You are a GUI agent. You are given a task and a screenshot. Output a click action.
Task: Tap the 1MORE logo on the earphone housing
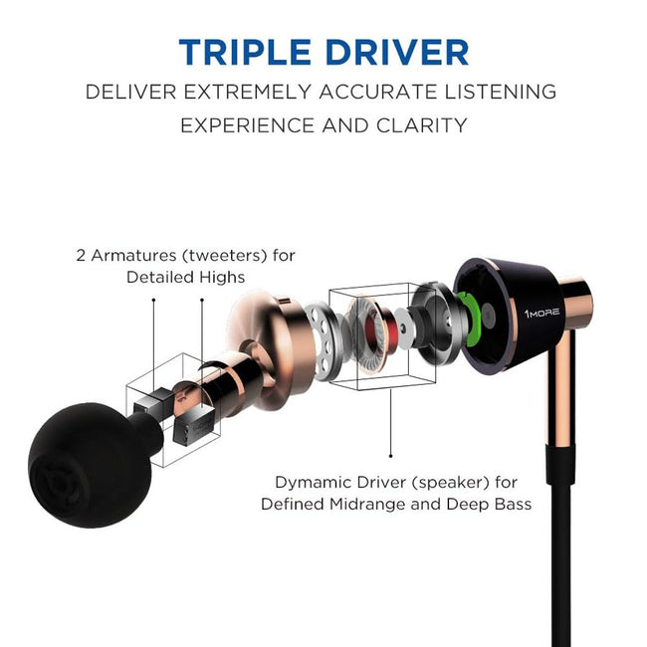[x=541, y=312]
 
